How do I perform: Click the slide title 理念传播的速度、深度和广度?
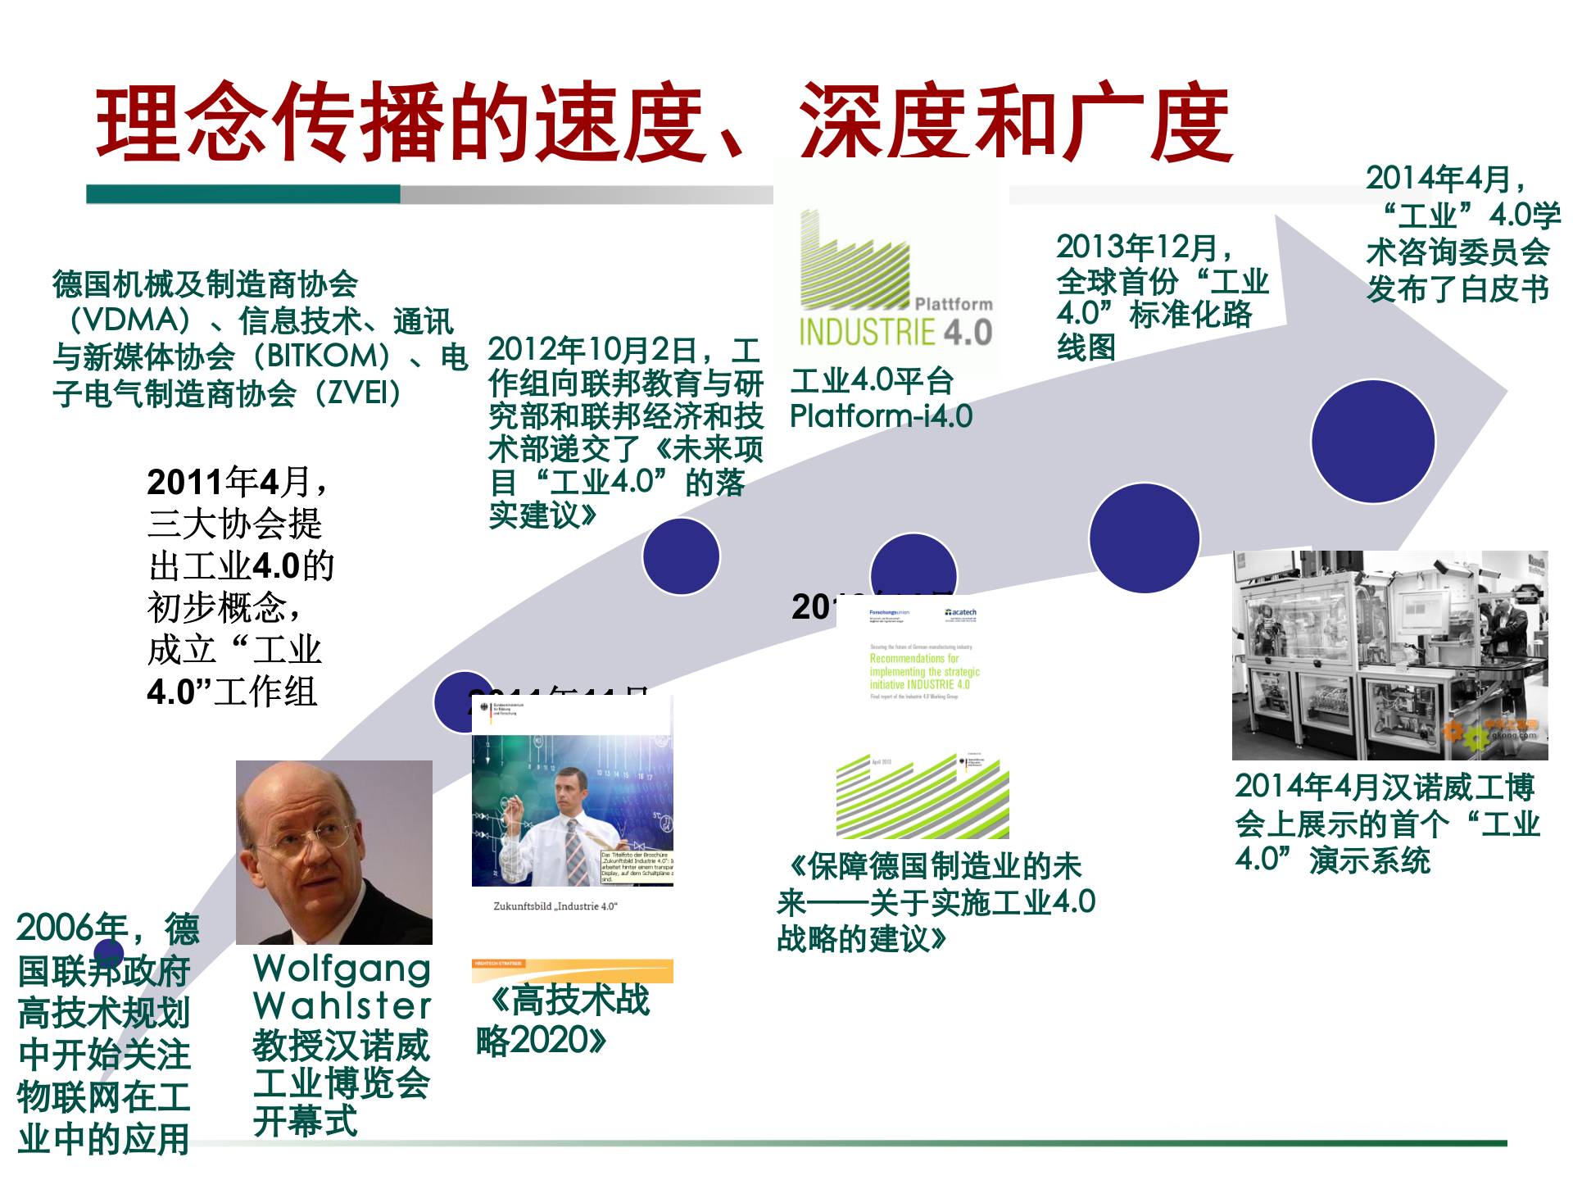tap(664, 123)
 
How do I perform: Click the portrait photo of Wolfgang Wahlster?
tap(333, 852)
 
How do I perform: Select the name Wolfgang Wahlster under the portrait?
tap(342, 987)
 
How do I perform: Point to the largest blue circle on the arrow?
tap(1372, 441)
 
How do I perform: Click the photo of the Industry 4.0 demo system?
tap(1389, 656)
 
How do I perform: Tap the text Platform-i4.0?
tap(881, 416)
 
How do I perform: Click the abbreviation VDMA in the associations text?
tap(131, 320)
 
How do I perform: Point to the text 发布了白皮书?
tap(1457, 288)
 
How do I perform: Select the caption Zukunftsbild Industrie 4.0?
tap(555, 906)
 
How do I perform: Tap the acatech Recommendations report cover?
tap(922, 656)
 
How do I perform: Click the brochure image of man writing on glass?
tap(572, 807)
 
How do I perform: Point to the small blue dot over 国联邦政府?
tap(108, 953)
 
